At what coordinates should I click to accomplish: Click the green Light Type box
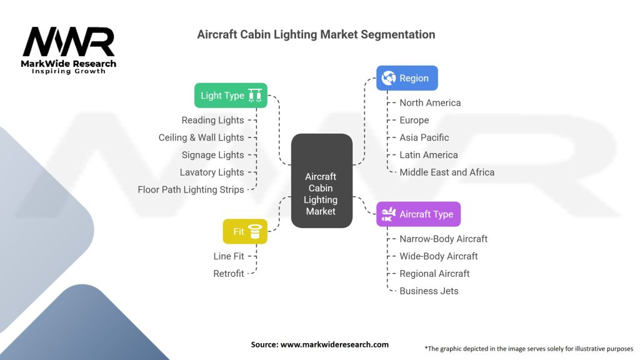point(231,96)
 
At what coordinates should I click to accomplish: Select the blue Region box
point(407,78)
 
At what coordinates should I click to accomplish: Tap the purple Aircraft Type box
point(418,214)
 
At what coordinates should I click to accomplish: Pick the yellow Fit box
point(245,231)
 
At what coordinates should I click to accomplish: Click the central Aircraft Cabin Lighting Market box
point(322,181)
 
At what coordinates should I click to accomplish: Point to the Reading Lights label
point(212,120)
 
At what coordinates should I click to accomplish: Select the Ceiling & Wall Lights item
point(201,137)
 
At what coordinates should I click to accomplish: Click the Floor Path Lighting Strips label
point(191,190)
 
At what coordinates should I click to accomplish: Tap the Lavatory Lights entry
point(212,172)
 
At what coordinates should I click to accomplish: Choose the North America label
point(430,103)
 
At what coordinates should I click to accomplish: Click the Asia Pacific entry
point(424,137)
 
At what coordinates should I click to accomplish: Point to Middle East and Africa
point(447,172)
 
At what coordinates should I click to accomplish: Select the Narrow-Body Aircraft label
point(444,239)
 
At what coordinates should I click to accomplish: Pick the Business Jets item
point(429,291)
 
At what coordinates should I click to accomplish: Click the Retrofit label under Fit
point(229,274)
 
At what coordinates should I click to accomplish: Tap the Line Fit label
point(229,256)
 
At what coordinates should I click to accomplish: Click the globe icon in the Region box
point(389,78)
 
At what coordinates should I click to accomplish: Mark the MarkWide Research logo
point(69,50)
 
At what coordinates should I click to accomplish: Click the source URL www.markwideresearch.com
point(335,344)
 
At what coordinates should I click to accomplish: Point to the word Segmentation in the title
point(398,35)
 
